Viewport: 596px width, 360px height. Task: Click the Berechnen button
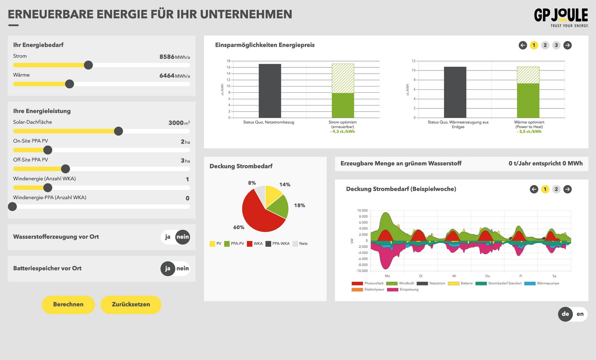(68, 304)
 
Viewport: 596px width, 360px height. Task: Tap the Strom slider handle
(88, 65)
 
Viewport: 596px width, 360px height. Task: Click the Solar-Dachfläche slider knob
(118, 131)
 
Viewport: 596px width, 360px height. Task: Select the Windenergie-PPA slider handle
(12, 206)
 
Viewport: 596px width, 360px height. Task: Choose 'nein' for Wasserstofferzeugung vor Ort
(183, 237)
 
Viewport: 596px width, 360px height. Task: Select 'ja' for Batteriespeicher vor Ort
(168, 268)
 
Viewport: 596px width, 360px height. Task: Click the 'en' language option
(580, 314)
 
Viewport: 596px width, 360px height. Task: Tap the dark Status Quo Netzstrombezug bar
(270, 91)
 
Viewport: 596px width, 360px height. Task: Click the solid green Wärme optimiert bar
(528, 101)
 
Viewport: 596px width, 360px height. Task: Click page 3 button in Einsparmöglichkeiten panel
(556, 45)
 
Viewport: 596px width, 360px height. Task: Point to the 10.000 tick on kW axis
(362, 211)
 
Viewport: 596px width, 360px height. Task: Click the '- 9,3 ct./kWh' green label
(342, 132)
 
